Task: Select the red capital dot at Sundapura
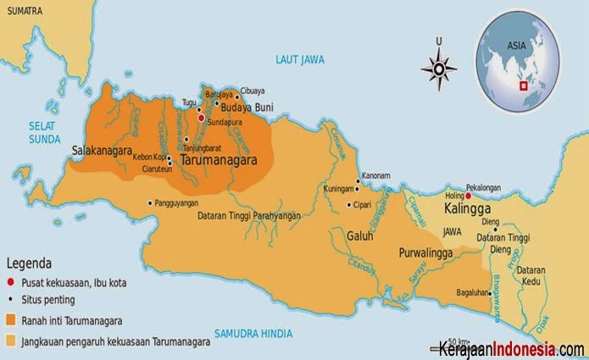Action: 201,119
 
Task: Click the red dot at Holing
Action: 468,196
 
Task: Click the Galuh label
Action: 359,236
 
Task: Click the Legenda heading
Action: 31,263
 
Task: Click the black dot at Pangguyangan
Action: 151,202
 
